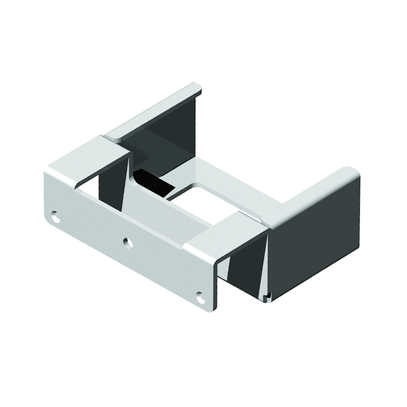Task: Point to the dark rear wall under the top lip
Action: click(x=171, y=134)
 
